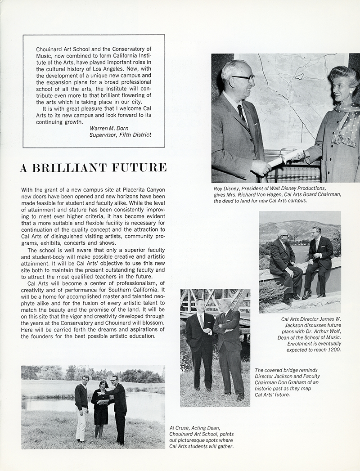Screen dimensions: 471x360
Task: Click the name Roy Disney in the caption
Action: coord(228,188)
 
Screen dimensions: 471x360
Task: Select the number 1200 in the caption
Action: coord(333,350)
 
